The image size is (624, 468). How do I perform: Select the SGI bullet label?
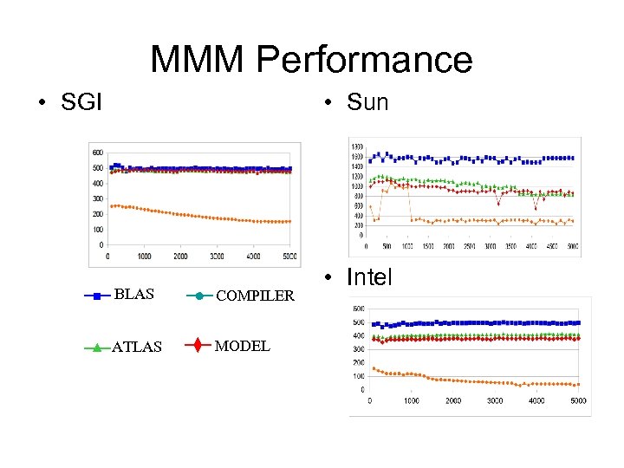coord(81,102)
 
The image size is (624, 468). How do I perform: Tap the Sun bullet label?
coord(367,102)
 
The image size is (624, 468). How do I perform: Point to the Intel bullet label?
coord(369,277)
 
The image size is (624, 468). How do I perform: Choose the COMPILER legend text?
coord(255,296)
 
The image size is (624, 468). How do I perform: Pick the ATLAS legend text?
coord(137,347)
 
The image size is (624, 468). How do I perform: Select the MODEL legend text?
coord(242,346)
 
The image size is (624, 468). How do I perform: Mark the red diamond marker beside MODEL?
coord(198,346)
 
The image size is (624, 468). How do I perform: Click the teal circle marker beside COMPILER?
coord(198,296)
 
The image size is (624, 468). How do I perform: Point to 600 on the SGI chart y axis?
coord(97,153)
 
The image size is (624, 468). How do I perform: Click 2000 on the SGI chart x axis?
coord(180,257)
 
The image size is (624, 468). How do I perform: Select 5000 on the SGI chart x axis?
coord(289,257)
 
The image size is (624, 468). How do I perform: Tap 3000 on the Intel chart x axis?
coord(495,401)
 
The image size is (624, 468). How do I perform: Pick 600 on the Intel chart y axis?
coord(358,309)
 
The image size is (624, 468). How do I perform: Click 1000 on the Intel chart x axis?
coord(411,401)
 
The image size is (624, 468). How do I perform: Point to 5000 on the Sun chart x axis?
coord(572,246)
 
